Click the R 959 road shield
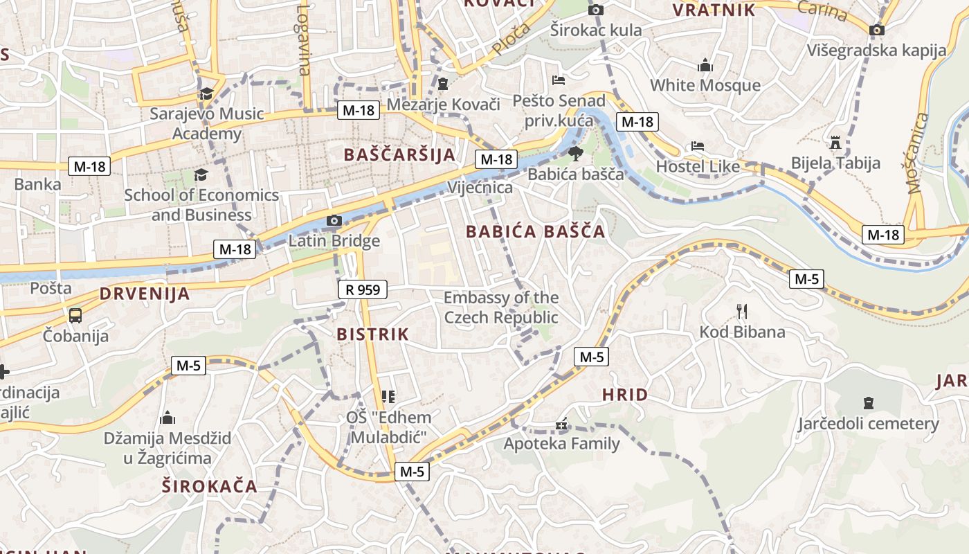[x=363, y=289]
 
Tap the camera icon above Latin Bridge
[x=334, y=221]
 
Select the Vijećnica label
[x=480, y=188]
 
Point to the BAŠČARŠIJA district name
[x=400, y=154]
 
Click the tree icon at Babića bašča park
[x=574, y=154]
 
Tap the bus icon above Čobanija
[x=75, y=316]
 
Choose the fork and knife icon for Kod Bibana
[x=742, y=312]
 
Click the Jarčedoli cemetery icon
[x=869, y=403]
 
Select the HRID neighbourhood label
[x=625, y=395]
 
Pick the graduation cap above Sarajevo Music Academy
[x=206, y=94]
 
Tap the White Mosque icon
[x=705, y=66]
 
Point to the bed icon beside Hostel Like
[x=698, y=147]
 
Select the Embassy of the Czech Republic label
[x=501, y=307]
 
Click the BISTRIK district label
[x=373, y=334]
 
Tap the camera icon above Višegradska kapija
[x=877, y=30]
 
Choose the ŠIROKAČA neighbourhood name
[x=210, y=486]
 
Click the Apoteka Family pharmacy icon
[x=561, y=423]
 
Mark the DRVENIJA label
[x=145, y=294]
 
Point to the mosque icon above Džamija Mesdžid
[x=167, y=418]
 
